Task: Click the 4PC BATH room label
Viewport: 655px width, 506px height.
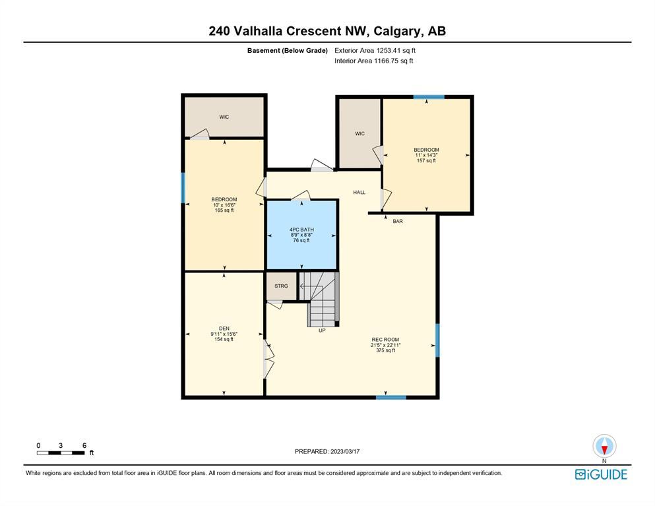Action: tap(301, 230)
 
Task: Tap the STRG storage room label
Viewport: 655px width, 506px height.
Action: tap(281, 286)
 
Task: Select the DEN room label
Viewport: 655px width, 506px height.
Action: tap(224, 329)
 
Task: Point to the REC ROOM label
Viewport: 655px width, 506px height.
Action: tap(385, 339)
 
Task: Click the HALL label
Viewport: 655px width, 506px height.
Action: tap(359, 192)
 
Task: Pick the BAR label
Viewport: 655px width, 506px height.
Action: tap(398, 221)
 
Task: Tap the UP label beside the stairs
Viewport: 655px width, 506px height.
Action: tap(322, 330)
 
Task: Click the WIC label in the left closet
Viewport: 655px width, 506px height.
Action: tap(224, 117)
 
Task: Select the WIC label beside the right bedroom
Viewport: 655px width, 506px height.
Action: tap(359, 134)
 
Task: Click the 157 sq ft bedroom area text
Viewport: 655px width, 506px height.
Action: tap(426, 160)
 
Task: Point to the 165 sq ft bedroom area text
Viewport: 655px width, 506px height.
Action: tap(224, 210)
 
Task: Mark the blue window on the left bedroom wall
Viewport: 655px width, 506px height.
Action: tap(183, 188)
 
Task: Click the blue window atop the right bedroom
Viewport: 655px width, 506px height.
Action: tap(429, 97)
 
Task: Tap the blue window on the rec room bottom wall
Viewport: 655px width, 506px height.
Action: tap(391, 397)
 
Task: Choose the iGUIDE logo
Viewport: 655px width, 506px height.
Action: tap(601, 474)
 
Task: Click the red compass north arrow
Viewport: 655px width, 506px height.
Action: tap(604, 449)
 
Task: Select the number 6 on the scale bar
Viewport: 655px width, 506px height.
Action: tap(84, 445)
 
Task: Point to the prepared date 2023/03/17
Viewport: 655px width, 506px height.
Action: tap(345, 451)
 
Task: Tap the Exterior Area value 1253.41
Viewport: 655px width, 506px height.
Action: tap(388, 50)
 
